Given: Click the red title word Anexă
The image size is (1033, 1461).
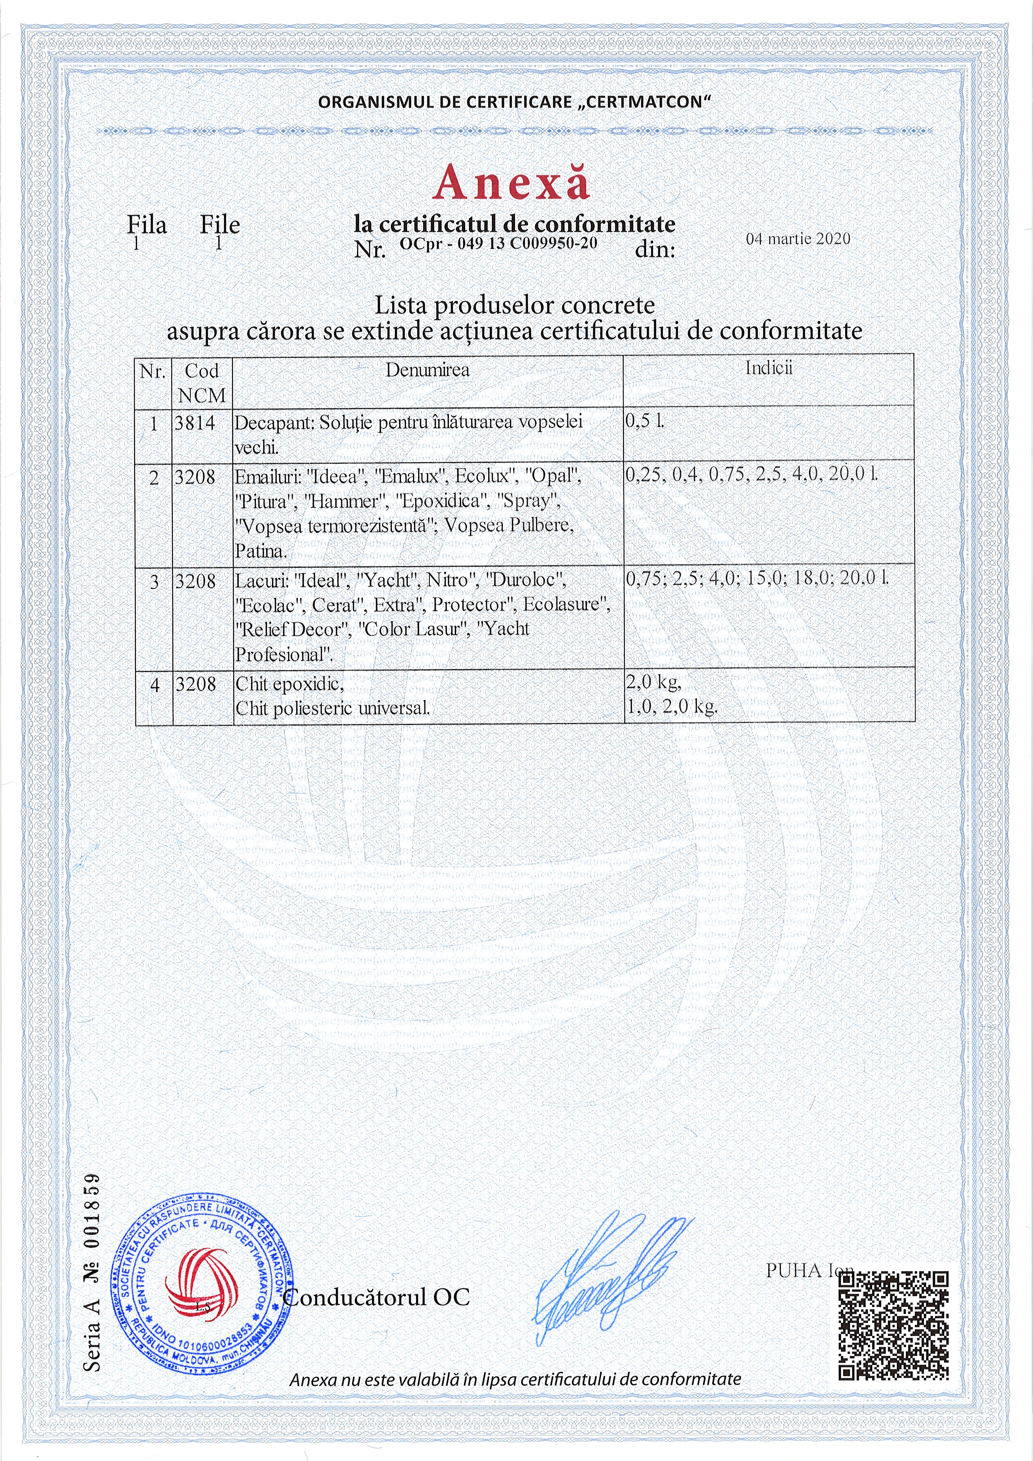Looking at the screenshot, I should pos(511,182).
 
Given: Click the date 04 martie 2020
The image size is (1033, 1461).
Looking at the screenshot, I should pos(798,239).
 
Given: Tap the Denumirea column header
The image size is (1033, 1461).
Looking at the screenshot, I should pos(427,370).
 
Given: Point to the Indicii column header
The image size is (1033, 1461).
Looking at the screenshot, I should pos(769,368).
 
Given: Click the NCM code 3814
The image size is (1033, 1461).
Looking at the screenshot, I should pos(195,423).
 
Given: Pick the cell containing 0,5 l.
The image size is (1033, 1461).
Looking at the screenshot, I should pos(768,433).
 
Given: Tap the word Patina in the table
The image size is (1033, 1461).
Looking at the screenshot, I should pos(260,551).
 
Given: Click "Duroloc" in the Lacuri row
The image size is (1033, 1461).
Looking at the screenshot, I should pos(526,580).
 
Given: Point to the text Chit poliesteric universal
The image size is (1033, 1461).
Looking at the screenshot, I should pos(332,708).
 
